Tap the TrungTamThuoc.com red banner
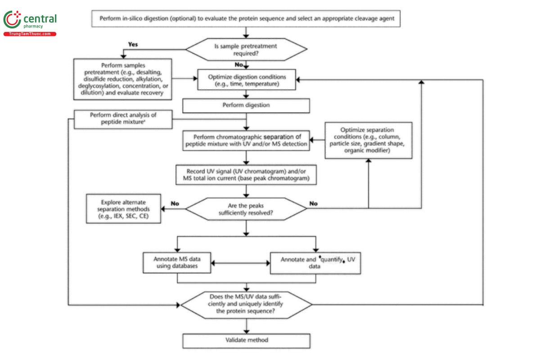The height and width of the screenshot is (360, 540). pyautogui.click(x=30, y=34)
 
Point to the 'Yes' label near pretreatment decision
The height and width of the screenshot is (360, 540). pyautogui.click(x=133, y=45)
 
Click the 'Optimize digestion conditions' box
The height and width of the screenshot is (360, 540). pyautogui.click(x=246, y=80)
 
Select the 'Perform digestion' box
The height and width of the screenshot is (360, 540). pyautogui.click(x=246, y=106)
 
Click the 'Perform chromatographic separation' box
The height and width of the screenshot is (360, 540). pyautogui.click(x=246, y=140)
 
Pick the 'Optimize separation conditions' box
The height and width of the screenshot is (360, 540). pyautogui.click(x=369, y=140)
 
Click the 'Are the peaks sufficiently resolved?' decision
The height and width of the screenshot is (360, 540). pyautogui.click(x=246, y=208)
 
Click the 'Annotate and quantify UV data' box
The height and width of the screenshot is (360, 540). pyautogui.click(x=316, y=263)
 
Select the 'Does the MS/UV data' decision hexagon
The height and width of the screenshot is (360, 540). pyautogui.click(x=246, y=304)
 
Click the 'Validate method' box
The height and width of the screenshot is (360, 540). pyautogui.click(x=246, y=340)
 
